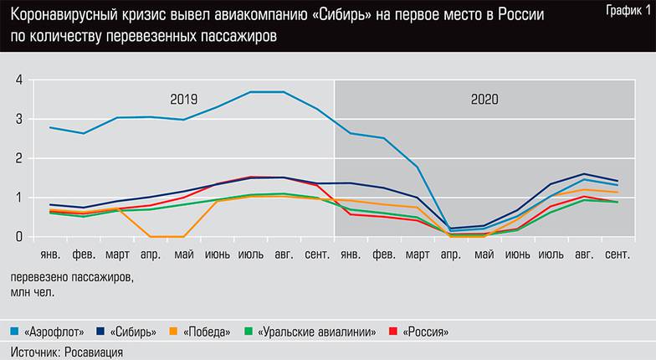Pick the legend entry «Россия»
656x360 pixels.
[x=424, y=332]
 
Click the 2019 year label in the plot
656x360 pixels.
[x=183, y=99]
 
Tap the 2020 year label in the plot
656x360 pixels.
[x=484, y=99]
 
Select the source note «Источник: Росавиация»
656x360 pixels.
[x=67, y=352]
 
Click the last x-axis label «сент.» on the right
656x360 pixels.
[x=618, y=254]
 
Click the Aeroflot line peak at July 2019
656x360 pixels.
[x=251, y=92]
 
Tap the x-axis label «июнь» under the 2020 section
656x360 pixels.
[x=518, y=254]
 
